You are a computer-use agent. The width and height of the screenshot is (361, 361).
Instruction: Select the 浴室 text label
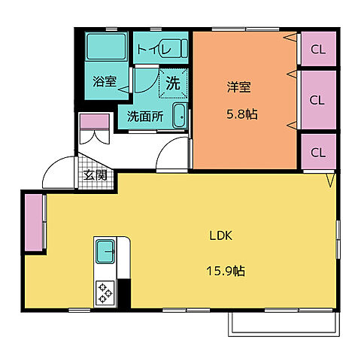coord(104,82)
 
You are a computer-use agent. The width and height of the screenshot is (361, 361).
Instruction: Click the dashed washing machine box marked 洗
coord(172,84)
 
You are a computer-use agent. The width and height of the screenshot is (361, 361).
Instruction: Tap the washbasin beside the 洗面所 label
coord(180,116)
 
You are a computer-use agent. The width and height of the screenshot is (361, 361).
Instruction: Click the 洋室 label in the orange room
coord(238,86)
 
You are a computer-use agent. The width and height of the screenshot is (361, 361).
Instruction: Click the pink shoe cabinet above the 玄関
coord(95,121)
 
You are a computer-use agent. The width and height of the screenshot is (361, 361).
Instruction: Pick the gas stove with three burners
coord(104,292)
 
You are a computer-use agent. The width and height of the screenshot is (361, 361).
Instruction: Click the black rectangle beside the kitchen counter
coord(125,293)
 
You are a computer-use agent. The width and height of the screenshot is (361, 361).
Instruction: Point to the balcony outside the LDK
coord(282,321)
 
